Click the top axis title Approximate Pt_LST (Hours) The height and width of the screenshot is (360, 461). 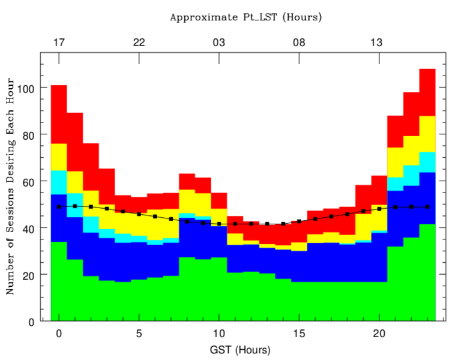click(x=246, y=17)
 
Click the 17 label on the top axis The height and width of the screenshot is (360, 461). click(x=59, y=42)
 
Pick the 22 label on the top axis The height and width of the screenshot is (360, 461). click(x=139, y=42)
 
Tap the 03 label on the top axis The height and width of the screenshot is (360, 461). click(x=219, y=42)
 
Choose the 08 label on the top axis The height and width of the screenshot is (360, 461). click(x=299, y=42)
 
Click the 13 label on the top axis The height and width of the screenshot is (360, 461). click(x=376, y=42)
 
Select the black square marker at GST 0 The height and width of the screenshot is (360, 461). click(x=59, y=206)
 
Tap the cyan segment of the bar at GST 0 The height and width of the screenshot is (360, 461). click(x=59, y=182)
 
